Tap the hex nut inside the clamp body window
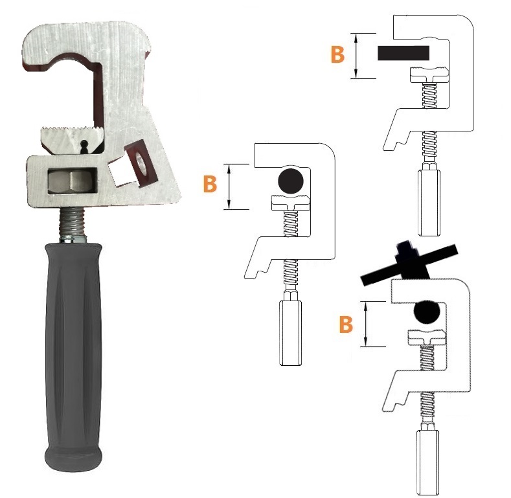(72, 181)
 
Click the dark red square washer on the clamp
(141, 163)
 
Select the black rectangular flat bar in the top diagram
(403, 53)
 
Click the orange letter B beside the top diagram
(337, 54)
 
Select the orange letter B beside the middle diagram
(210, 184)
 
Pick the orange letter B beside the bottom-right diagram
(346, 324)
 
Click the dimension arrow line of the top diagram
(356, 56)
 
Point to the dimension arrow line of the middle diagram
(229, 187)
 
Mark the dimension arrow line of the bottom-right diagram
(366, 324)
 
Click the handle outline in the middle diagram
(291, 333)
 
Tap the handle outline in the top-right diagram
(429, 203)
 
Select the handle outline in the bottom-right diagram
(427, 462)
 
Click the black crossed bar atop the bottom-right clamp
(409, 264)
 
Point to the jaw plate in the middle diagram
(290, 203)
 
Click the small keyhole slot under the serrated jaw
(84, 147)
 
